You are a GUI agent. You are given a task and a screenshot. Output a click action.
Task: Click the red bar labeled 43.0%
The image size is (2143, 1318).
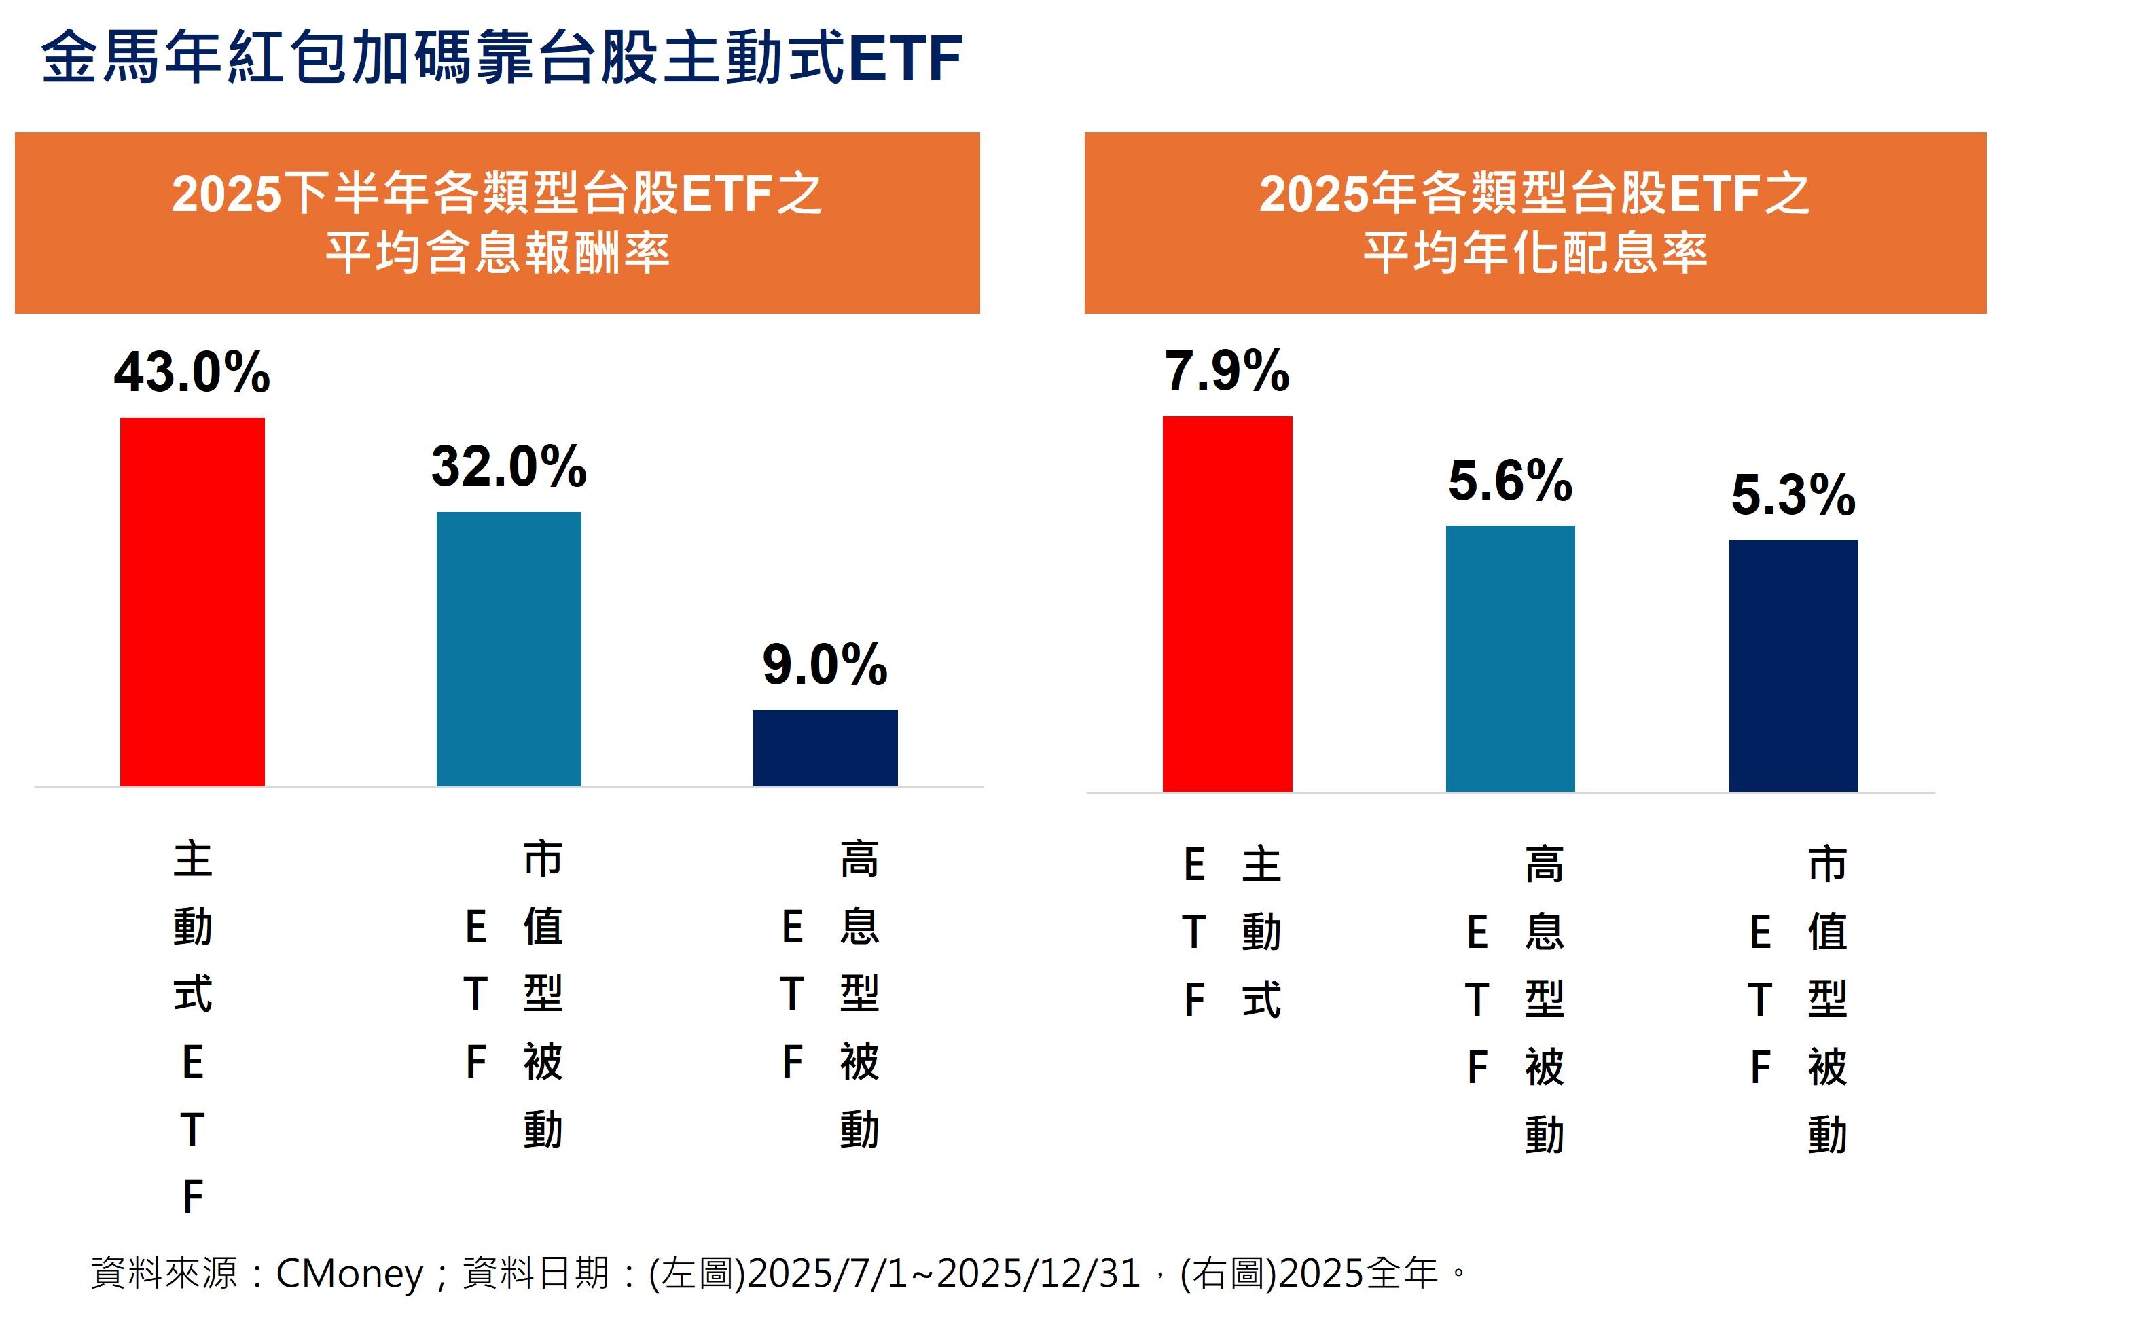pos(192,602)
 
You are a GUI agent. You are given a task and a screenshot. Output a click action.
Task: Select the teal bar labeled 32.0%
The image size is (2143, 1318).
pos(508,648)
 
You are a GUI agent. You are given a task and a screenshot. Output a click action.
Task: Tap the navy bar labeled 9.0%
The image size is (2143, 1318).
pos(825,747)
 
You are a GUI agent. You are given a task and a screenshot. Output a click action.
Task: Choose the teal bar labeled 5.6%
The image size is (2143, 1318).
pos(1510,658)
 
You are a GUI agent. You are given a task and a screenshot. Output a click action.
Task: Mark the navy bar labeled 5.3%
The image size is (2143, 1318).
pos(1793,665)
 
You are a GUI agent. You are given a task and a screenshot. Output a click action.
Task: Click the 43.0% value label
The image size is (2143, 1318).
pos(192,372)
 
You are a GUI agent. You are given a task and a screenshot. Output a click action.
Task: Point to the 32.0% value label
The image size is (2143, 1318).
pos(508,466)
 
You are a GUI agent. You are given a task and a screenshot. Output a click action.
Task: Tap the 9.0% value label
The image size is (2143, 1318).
pos(825,664)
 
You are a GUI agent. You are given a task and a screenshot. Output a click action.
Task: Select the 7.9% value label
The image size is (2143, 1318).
pos(1227,371)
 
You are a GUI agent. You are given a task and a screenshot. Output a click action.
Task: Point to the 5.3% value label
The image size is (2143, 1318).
pos(1793,495)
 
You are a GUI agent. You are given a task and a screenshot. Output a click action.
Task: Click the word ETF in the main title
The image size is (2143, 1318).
pos(904,58)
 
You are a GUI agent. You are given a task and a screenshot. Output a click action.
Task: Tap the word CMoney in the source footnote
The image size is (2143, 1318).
pos(348,1274)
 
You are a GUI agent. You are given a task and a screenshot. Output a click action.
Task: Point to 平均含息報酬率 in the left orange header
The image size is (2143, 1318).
pos(497,253)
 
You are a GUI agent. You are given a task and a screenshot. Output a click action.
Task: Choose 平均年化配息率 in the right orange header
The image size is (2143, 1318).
pos(1534,253)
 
